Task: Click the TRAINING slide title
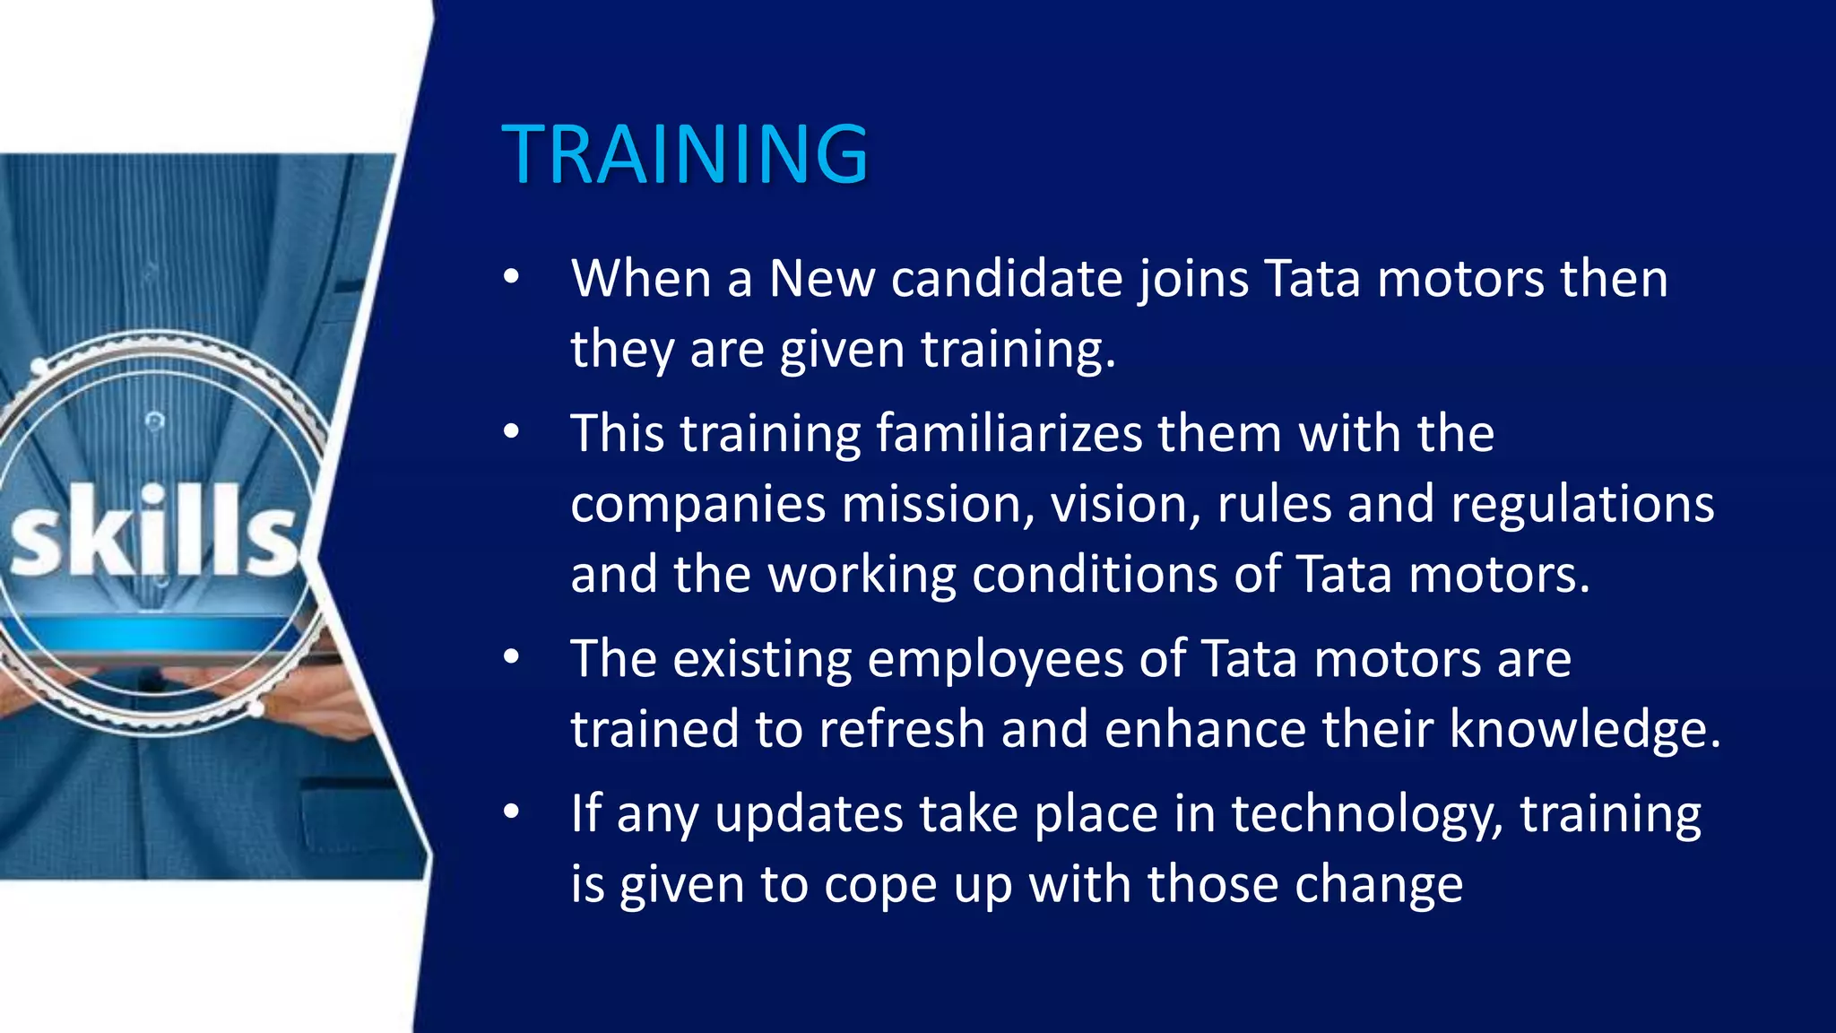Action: (685, 154)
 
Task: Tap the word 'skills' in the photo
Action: (154, 531)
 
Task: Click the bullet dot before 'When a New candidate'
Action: (511, 277)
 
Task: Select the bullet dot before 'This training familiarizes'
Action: (511, 432)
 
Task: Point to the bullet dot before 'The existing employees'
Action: (511, 657)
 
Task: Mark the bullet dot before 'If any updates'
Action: (511, 812)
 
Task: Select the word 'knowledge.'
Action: (1585, 730)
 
